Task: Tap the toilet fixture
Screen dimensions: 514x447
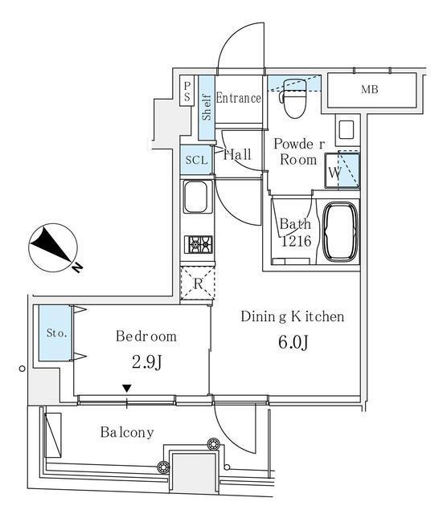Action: pyautogui.click(x=293, y=95)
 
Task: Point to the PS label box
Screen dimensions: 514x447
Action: pyautogui.click(x=187, y=91)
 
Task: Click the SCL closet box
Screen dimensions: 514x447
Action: pyautogui.click(x=196, y=160)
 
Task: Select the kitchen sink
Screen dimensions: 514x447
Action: pyautogui.click(x=197, y=198)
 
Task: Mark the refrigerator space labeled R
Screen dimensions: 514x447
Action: pyautogui.click(x=198, y=284)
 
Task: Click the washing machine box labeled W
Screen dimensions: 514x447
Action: pyautogui.click(x=337, y=171)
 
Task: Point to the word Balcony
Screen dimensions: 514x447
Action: pyautogui.click(x=127, y=432)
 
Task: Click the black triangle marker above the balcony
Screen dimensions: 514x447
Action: pyautogui.click(x=126, y=390)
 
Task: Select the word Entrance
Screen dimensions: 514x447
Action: pyautogui.click(x=239, y=98)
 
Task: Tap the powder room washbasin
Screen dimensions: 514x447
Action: pyautogui.click(x=347, y=129)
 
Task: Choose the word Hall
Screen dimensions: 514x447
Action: pyautogui.click(x=238, y=154)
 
